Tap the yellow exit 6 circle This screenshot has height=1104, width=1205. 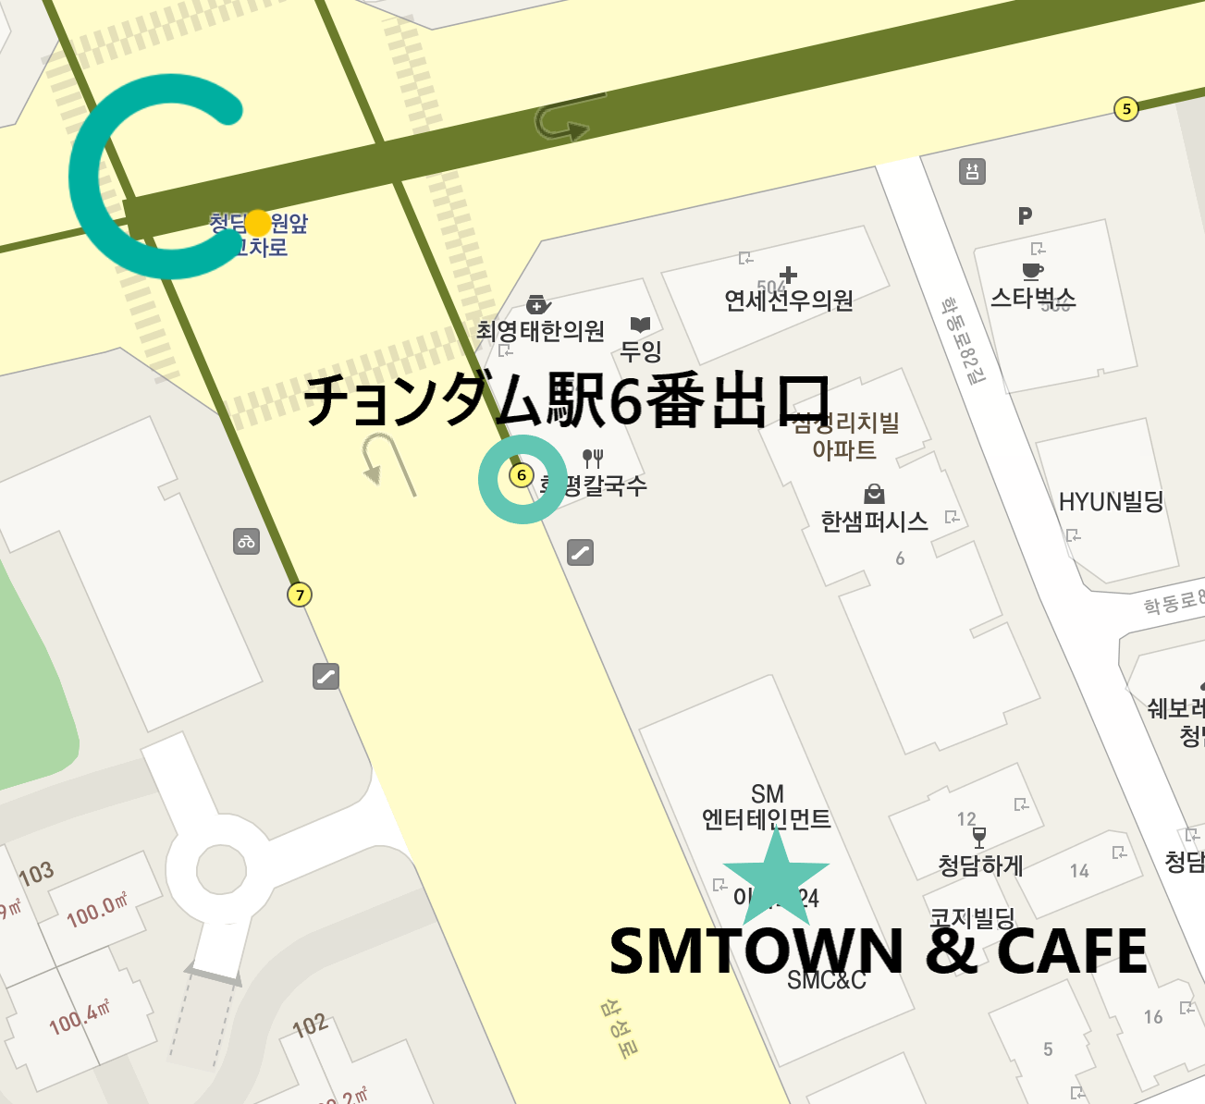click(522, 475)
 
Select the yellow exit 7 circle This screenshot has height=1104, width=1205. click(299, 595)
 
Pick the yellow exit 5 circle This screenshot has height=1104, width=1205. click(1125, 109)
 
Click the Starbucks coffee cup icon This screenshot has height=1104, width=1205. click(1032, 270)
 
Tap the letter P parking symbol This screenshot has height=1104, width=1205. click(1025, 215)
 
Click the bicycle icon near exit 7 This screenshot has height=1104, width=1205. click(246, 542)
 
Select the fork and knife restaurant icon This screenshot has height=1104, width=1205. click(593, 457)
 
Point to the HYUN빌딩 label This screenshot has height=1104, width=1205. click(1111, 502)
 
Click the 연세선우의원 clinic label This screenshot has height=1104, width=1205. click(788, 301)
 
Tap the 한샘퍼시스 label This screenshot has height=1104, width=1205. click(874, 521)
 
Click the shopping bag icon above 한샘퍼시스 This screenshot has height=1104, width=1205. click(874, 494)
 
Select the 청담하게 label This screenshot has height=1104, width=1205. click(980, 865)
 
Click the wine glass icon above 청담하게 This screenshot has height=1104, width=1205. click(979, 838)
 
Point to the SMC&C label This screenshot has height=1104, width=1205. click(827, 981)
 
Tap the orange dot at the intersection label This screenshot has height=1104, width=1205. click(258, 223)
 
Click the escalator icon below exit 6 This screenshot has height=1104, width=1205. click(580, 553)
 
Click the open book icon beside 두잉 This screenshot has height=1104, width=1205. click(640, 325)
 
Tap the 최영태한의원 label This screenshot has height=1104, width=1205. click(540, 331)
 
